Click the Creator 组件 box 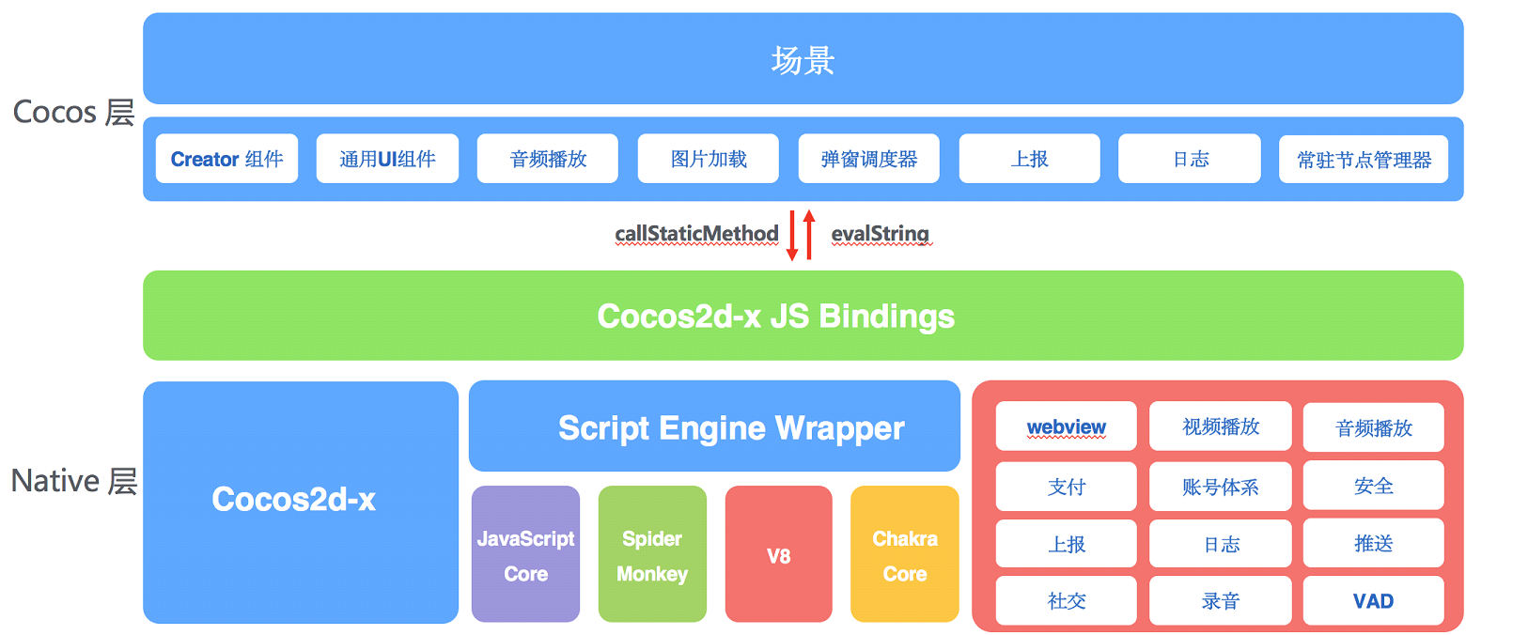pos(226,159)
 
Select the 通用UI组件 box pos(387,159)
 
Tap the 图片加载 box pos(708,159)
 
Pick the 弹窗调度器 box pos(868,159)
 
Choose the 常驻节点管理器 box pos(1363,160)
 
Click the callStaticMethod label pos(696,233)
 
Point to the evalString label pos(880,233)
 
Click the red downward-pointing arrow pos(792,236)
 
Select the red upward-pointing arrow pos(809,234)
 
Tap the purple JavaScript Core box pos(525,554)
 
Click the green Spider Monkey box pos(652,554)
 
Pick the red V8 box pos(778,554)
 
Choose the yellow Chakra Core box pos(904,554)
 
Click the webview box pos(1066,427)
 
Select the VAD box pos(1373,601)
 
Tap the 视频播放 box pos(1220,427)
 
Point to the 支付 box pos(1066,487)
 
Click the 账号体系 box pos(1220,487)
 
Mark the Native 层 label pos(73,481)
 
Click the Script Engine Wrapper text pos(731,428)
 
